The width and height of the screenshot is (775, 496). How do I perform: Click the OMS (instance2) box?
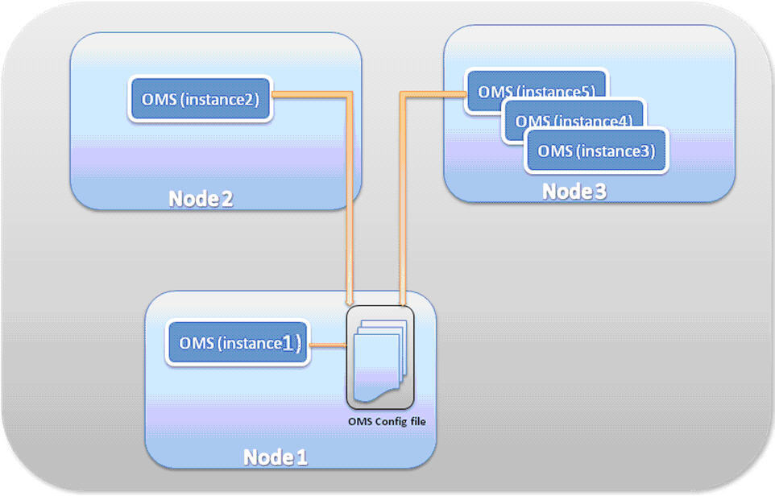(201, 99)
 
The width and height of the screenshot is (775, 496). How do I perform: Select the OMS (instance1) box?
(238, 344)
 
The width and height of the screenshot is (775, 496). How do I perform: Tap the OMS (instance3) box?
(596, 151)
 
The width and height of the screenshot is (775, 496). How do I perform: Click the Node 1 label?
(276, 457)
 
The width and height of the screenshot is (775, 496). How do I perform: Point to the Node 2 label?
(201, 199)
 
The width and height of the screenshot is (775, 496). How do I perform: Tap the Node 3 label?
(574, 192)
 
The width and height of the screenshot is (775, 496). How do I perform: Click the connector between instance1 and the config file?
(328, 345)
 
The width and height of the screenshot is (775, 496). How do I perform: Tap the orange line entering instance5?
(435, 94)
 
